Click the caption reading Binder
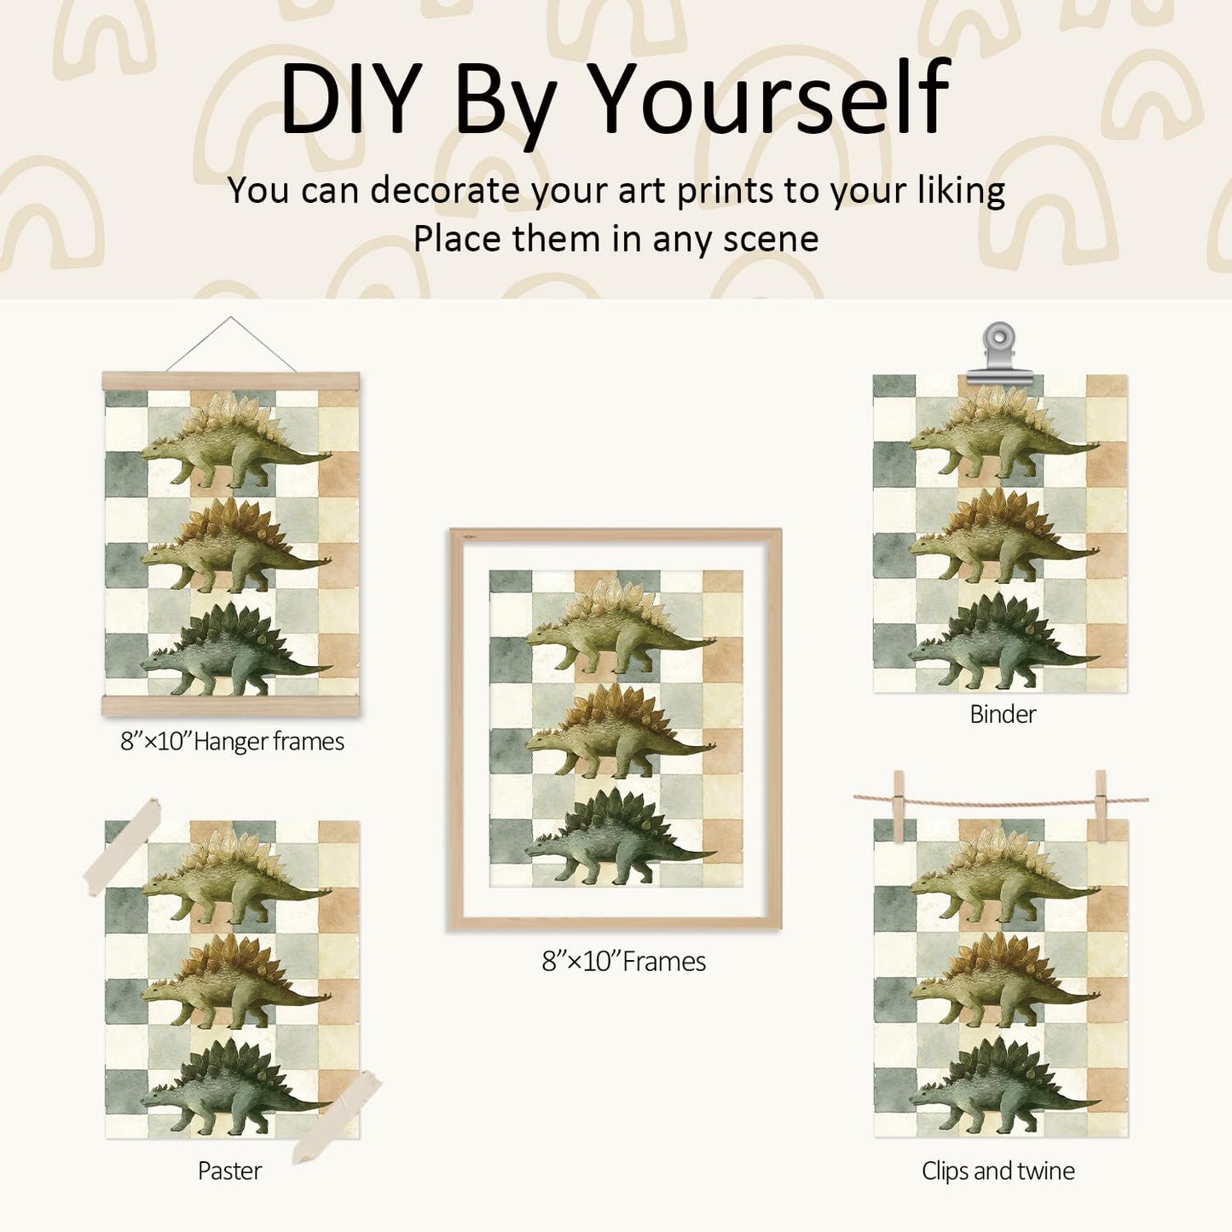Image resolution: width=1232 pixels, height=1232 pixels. point(1003,714)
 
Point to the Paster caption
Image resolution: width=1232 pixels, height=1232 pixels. point(229,1171)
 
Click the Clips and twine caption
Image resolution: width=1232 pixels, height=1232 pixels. point(998,1171)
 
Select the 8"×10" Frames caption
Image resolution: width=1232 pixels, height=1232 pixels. point(623,962)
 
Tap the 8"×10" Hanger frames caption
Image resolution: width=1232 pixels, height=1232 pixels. point(232,742)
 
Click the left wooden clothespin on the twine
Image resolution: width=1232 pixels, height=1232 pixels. point(899,807)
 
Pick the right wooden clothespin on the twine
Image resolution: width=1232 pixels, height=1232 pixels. point(1101,806)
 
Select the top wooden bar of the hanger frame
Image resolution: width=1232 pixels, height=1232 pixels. point(231,382)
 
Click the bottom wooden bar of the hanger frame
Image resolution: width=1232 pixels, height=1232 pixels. point(231,706)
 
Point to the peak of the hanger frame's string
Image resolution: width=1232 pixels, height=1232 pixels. point(231,318)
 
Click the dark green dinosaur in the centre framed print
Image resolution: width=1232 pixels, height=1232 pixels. point(619,836)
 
